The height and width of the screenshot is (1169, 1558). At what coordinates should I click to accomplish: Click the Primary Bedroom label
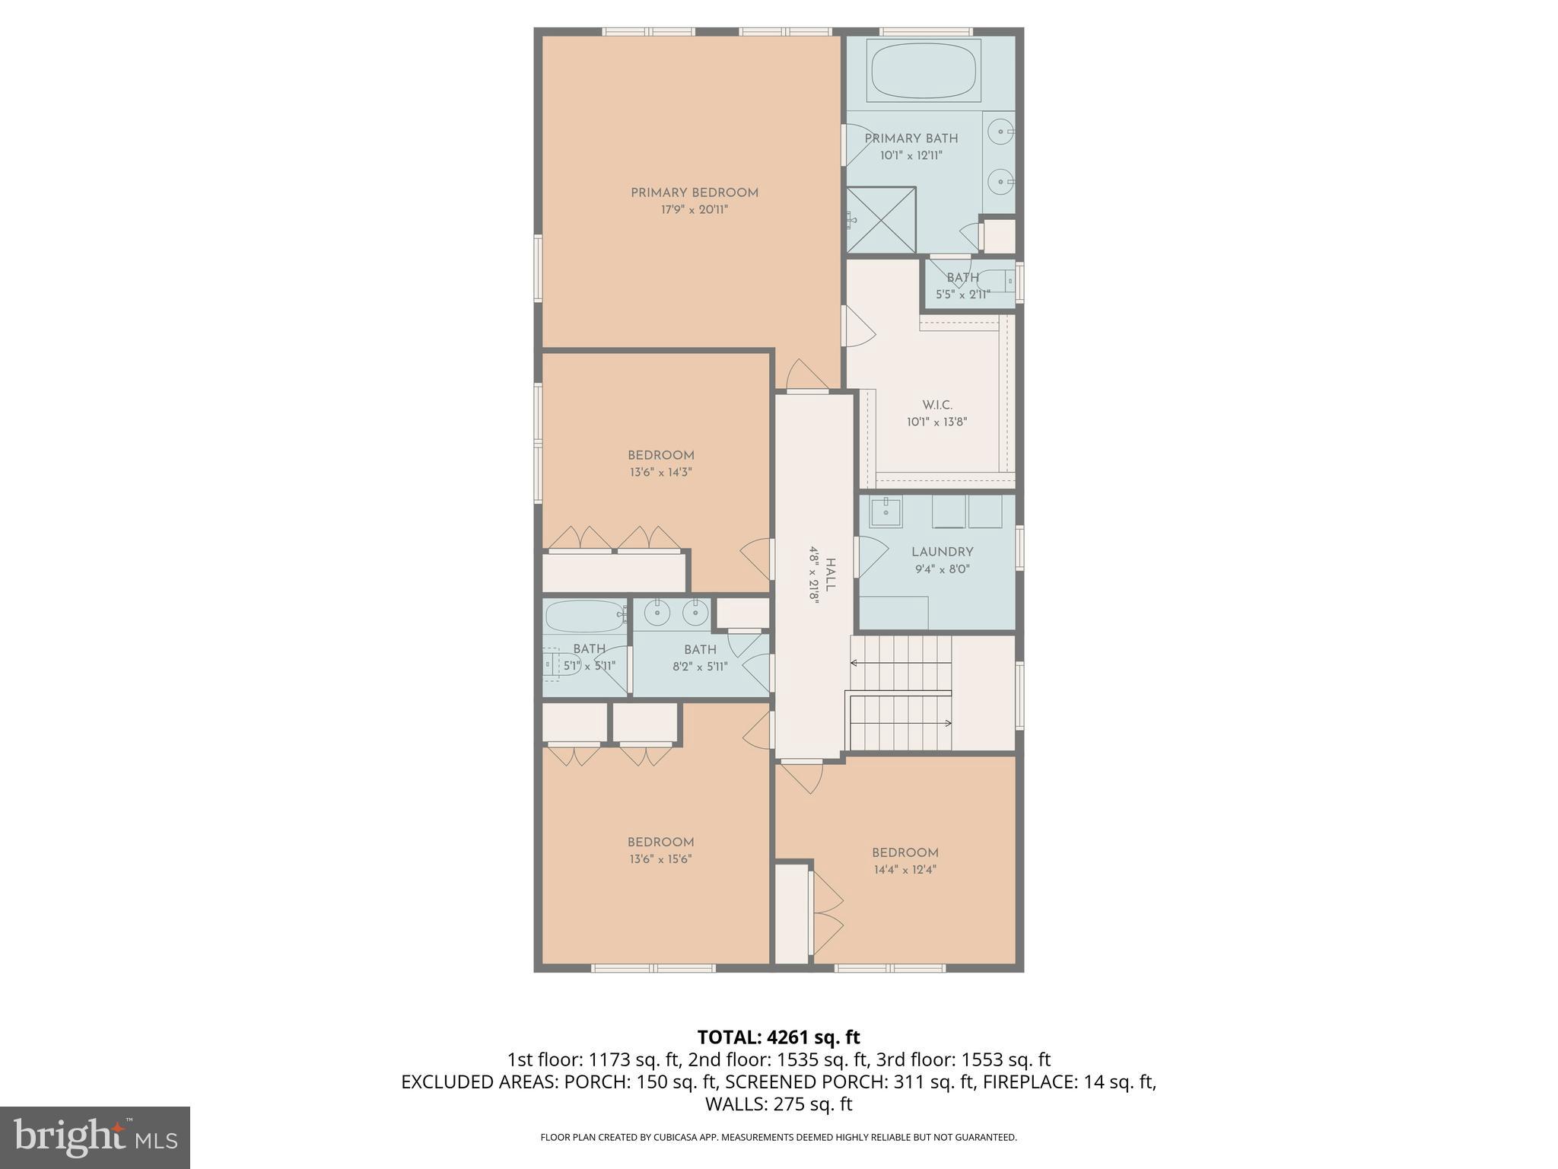point(694,193)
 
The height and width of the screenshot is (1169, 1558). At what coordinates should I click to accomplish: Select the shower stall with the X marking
point(882,220)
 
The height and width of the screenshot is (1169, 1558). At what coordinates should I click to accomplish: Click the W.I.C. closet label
point(936,405)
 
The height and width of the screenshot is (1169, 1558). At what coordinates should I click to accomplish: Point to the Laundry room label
point(942,552)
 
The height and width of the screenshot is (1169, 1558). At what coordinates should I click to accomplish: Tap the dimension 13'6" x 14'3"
point(660,473)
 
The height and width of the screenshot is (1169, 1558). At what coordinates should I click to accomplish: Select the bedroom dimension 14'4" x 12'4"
point(905,869)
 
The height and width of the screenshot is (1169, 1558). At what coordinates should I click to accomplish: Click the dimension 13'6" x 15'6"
point(660,859)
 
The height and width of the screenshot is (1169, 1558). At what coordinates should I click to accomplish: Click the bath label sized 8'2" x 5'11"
point(700,649)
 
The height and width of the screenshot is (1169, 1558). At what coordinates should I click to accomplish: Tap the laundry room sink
point(886,511)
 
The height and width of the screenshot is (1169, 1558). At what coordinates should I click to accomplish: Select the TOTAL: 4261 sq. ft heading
point(778,1037)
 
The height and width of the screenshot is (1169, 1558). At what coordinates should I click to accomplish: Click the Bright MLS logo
point(94,1137)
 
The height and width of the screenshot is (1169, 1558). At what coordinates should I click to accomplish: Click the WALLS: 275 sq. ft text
point(778,1104)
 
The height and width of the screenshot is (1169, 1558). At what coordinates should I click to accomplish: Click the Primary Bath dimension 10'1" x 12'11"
point(911,155)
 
